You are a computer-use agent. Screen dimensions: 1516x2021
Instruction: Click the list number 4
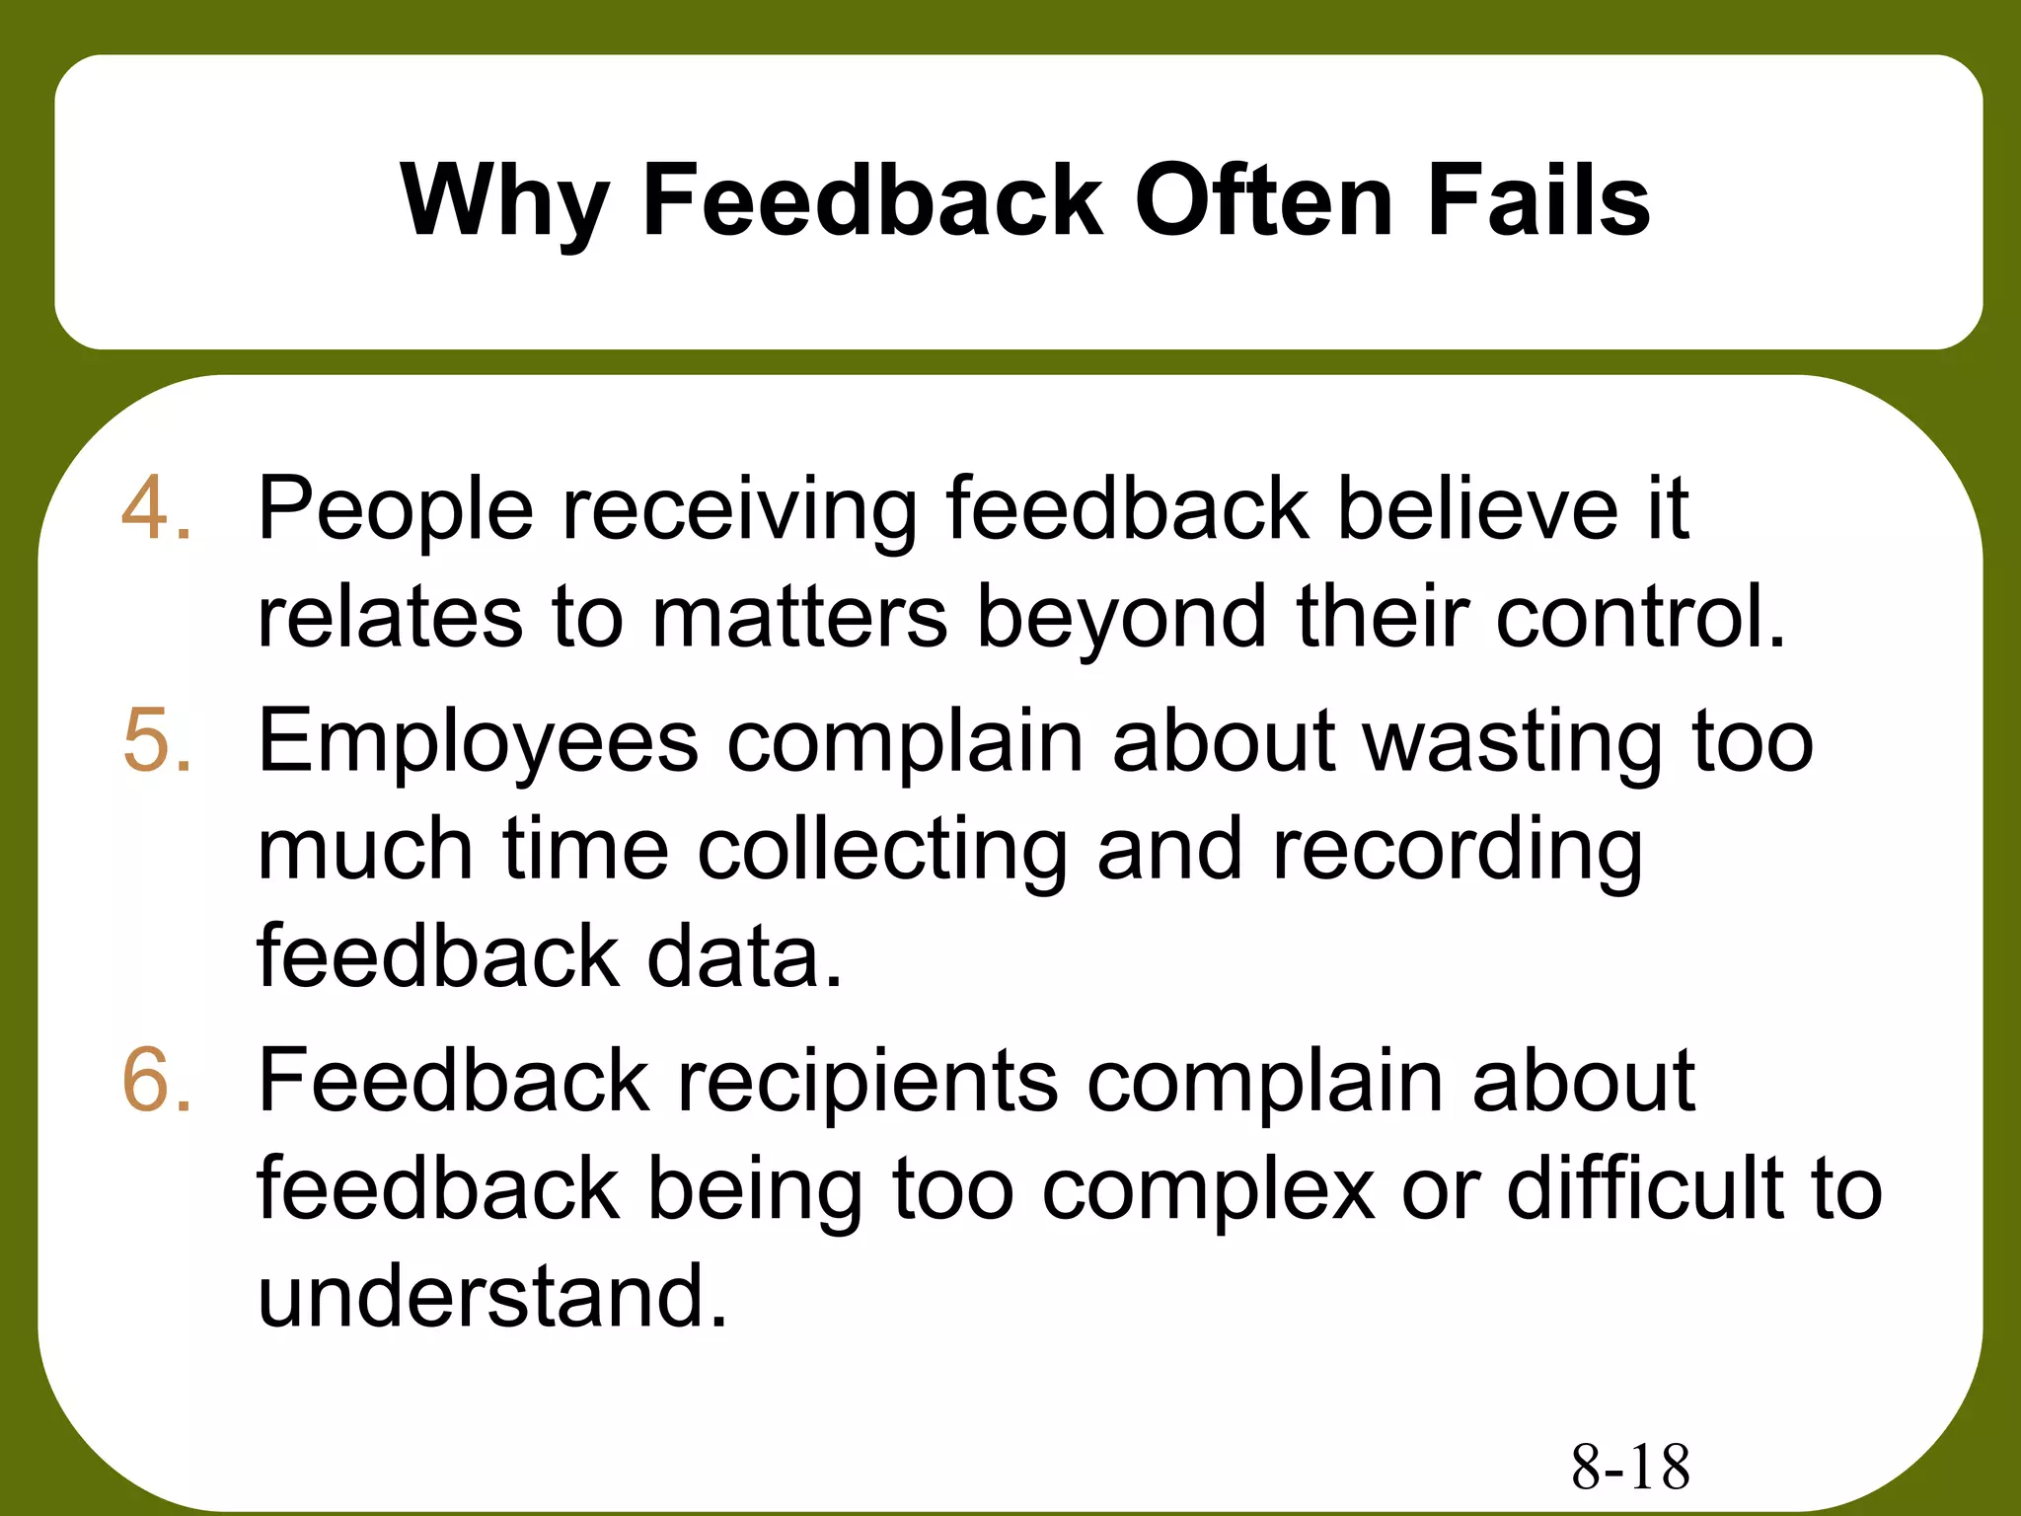(156, 509)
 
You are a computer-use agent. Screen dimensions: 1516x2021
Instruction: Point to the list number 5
(156, 741)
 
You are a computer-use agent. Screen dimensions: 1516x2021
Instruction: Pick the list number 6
(156, 1082)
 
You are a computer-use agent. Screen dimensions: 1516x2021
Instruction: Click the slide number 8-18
(1630, 1467)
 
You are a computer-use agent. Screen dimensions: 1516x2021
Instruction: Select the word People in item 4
(396, 509)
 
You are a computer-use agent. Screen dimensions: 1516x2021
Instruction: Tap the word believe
(1477, 509)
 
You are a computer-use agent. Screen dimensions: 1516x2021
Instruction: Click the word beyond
(1121, 617)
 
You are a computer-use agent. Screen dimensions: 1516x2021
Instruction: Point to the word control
(1640, 617)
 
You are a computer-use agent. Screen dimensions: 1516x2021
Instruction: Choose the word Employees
(478, 743)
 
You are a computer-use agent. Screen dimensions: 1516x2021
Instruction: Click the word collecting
(882, 851)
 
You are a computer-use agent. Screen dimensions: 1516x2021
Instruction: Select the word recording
(1458, 851)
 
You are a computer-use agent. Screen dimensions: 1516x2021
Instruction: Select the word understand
(492, 1297)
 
